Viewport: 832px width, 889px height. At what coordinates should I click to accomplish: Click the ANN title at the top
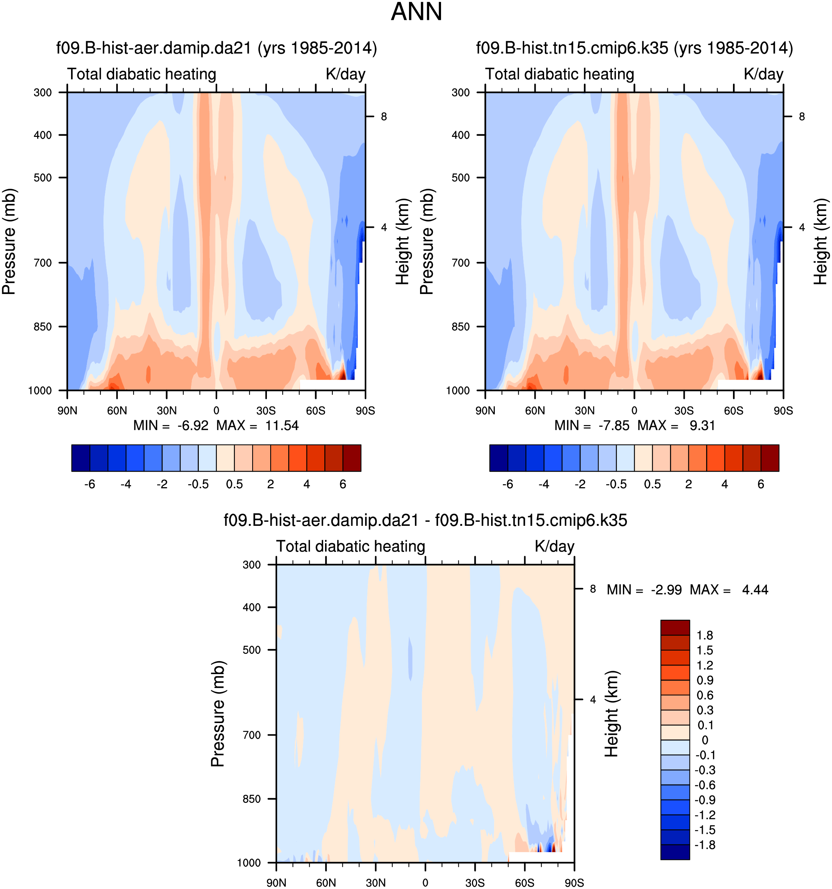pyautogui.click(x=416, y=12)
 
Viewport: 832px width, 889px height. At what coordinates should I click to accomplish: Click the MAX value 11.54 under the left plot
pyautogui.click(x=281, y=425)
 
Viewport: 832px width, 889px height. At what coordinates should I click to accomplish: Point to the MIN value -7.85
pyautogui.click(x=614, y=425)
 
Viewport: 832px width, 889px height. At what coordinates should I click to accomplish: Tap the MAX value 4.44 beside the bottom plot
pyautogui.click(x=755, y=590)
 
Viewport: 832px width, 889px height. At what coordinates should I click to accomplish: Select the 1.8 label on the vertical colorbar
pyautogui.click(x=705, y=635)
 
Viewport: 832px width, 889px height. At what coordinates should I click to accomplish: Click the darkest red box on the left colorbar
pyautogui.click(x=352, y=458)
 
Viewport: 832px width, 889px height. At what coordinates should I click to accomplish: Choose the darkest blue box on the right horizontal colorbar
pyautogui.click(x=498, y=458)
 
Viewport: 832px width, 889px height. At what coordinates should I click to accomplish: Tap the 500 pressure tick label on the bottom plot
pyautogui.click(x=251, y=650)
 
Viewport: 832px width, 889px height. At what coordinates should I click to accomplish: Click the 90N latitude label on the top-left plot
pyautogui.click(x=67, y=411)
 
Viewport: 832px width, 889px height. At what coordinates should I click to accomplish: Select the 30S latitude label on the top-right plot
pyautogui.click(x=684, y=411)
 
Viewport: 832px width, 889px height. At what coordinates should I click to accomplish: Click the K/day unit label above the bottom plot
pyautogui.click(x=554, y=546)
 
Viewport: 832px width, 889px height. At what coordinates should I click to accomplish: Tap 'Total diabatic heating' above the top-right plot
pyautogui.click(x=560, y=74)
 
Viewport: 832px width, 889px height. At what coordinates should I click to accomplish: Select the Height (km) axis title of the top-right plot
pyautogui.click(x=820, y=241)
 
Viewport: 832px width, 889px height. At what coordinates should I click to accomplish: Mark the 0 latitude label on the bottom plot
pyautogui.click(x=425, y=883)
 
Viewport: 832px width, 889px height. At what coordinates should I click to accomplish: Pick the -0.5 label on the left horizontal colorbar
pyautogui.click(x=198, y=484)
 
